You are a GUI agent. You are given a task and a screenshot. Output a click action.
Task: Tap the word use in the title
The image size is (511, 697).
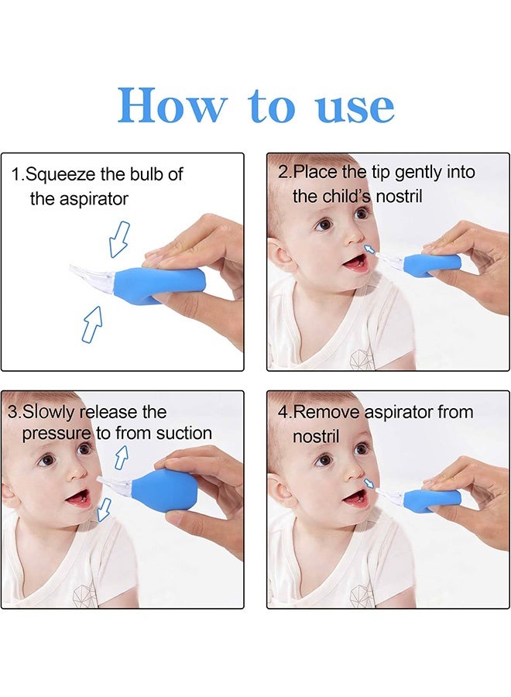pos(355,107)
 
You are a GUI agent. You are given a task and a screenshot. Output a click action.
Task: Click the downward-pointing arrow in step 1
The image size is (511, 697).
pos(119,239)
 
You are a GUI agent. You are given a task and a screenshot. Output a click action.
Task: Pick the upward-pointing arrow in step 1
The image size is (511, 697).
pos(92,324)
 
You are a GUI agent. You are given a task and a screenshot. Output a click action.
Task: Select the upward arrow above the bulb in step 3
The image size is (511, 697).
pos(122,458)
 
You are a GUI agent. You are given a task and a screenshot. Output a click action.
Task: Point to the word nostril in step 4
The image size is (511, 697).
pos(316,437)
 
